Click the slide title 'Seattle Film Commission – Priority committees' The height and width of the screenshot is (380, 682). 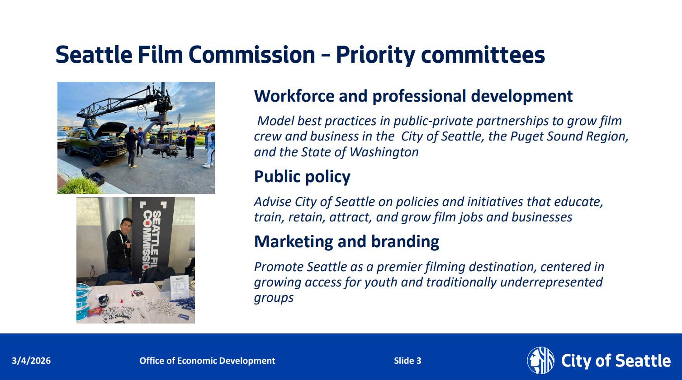pos(300,55)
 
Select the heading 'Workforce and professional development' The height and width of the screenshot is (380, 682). pos(413,96)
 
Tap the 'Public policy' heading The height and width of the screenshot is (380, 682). pos(302,177)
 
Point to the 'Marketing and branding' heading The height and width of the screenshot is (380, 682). pos(346,242)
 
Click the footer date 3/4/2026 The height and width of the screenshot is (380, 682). pos(31,361)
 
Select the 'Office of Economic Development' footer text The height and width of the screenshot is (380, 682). pos(207,361)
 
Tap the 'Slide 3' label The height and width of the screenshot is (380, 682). pos(407,361)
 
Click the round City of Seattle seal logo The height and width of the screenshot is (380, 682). pos(540,361)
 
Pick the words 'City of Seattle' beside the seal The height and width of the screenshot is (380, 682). pos(616,361)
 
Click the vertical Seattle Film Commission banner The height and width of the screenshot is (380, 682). pos(153,239)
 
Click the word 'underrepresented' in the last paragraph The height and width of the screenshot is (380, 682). pos(551,282)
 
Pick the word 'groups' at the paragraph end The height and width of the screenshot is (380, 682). pos(274,298)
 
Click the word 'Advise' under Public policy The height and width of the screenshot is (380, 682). pos(272,202)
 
